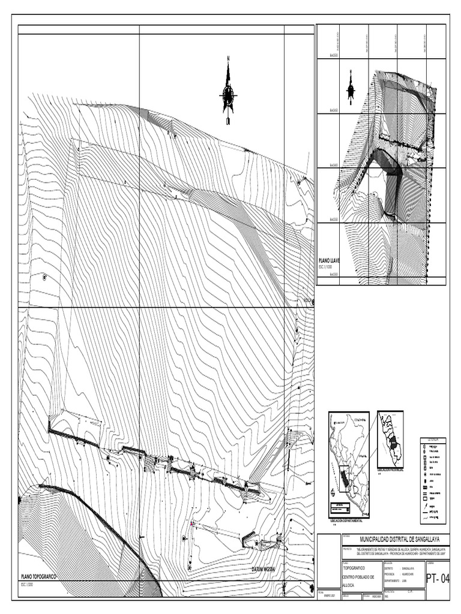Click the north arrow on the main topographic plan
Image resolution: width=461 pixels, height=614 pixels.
click(x=228, y=93)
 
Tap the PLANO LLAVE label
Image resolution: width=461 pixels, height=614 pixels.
click(x=329, y=261)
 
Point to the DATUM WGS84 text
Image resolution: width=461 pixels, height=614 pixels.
click(x=267, y=568)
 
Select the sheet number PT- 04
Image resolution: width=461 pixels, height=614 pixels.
click(x=437, y=579)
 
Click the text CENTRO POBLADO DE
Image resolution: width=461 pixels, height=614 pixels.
click(x=358, y=577)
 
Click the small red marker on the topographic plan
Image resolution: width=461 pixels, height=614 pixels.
click(x=191, y=524)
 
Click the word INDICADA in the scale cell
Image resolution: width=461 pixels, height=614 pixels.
click(x=375, y=596)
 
